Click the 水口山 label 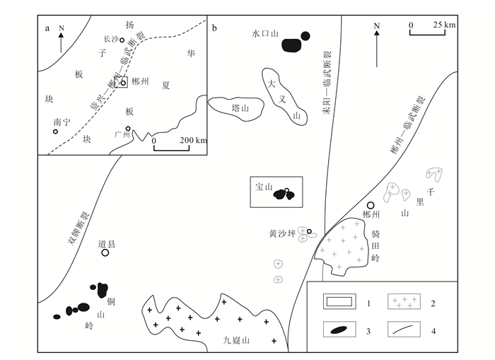pos(267,33)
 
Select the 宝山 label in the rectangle pos(263,188)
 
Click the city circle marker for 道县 pos(105,252)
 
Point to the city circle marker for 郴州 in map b pos(370,205)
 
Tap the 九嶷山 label pos(238,340)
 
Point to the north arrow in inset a pos(62,39)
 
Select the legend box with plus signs pos(404,302)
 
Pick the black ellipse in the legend pos(340,331)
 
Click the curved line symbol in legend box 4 pos(404,331)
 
